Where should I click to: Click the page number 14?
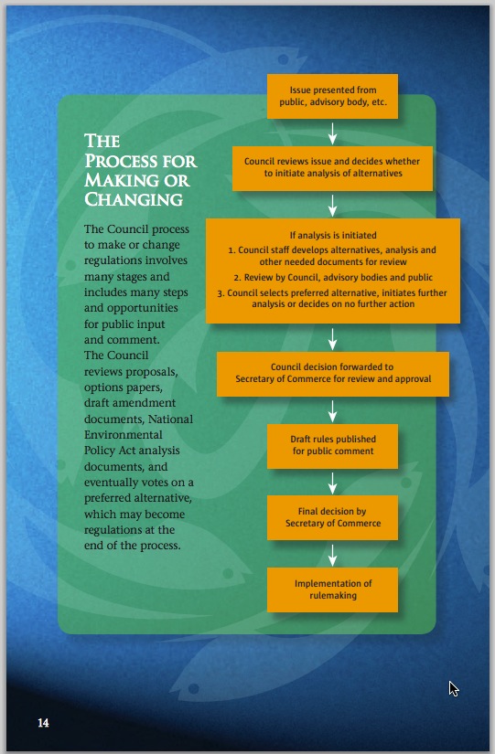point(43,723)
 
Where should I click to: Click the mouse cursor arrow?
point(454,688)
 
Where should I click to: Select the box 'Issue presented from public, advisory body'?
point(332,96)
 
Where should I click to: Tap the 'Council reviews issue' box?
point(332,168)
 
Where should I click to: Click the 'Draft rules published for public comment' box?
point(332,446)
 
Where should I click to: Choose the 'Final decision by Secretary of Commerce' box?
point(332,517)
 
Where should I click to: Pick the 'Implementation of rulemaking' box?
point(332,589)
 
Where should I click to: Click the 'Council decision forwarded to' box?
point(333,374)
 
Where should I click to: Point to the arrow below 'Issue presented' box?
point(332,133)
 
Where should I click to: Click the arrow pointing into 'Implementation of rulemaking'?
point(332,555)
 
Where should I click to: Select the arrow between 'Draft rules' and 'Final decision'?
point(332,483)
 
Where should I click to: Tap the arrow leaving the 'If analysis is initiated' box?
point(332,338)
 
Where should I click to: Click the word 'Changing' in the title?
point(134,199)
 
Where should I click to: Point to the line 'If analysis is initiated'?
point(333,235)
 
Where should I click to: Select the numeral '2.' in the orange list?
point(237,278)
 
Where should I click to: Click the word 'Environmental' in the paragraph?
point(124,435)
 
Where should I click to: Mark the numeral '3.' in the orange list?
point(221,292)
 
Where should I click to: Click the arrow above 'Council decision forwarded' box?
point(332,338)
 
